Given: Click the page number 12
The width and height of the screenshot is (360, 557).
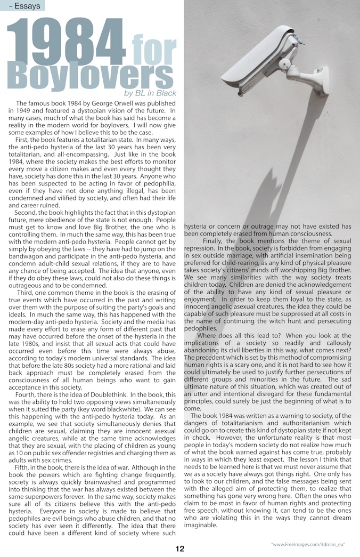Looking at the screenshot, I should pyautogui.click(x=180, y=548).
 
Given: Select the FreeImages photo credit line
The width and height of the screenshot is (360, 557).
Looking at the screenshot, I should pyautogui.click(x=308, y=544).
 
